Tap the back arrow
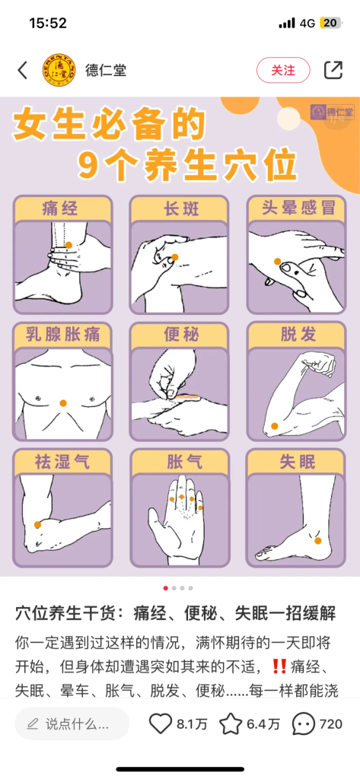point(23,70)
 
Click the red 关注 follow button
point(283,70)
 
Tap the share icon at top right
point(333,70)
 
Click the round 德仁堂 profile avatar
point(59,70)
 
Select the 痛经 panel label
point(60,208)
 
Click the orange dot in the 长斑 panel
point(174,257)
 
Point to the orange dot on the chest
point(62,403)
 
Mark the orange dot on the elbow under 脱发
point(274,426)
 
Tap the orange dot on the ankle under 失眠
point(317,541)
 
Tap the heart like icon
point(160,724)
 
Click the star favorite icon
point(231,724)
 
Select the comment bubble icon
point(304,724)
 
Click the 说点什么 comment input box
point(72,724)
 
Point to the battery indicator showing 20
point(330,23)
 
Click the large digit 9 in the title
point(88,164)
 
